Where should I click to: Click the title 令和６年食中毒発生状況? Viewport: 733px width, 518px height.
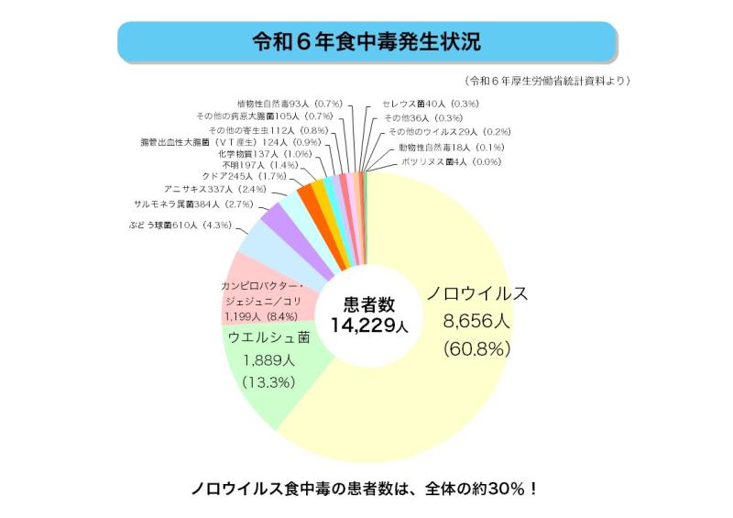[x=366, y=42]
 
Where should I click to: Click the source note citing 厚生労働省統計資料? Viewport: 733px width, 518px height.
[x=547, y=81]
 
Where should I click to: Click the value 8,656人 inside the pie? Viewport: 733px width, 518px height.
[x=476, y=322]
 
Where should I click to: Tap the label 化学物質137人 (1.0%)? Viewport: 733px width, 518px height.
[x=258, y=154]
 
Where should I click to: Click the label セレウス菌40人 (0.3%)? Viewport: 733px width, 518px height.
[x=432, y=104]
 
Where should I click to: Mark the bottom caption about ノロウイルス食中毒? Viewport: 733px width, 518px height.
[x=366, y=487]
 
